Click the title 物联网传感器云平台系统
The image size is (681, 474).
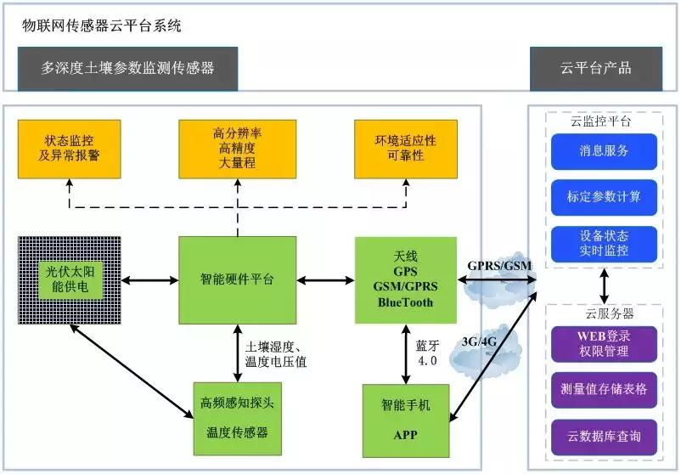coord(102,25)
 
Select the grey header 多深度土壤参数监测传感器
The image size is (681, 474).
coord(127,68)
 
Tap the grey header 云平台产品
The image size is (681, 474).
coord(596,68)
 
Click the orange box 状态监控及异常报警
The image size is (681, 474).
coord(68,149)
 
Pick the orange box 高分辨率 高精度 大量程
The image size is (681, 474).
coord(237,149)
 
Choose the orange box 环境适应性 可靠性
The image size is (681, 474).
coord(405,149)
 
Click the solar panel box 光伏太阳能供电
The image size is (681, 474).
coord(69,280)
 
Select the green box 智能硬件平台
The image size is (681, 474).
coord(237,279)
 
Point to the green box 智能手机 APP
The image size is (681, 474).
coord(405,420)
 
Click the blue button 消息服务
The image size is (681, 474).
coord(604,151)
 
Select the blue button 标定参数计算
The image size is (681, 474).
coord(604,197)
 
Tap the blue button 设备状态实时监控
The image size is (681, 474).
coord(604,243)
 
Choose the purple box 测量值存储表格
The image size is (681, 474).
coord(604,389)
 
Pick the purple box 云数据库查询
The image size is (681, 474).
coord(604,436)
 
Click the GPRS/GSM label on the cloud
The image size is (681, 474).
coord(500,265)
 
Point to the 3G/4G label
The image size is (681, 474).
coord(478,341)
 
